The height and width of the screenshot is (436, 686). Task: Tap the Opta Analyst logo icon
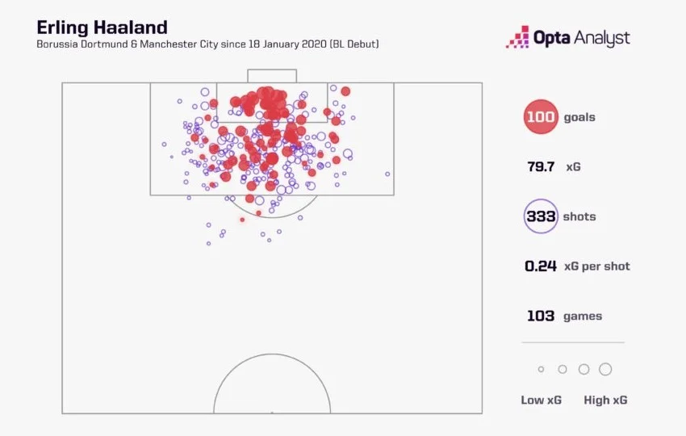(x=517, y=38)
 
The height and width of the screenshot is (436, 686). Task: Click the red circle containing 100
(x=541, y=117)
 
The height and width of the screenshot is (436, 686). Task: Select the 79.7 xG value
(x=540, y=167)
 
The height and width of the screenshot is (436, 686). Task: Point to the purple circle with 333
(x=541, y=216)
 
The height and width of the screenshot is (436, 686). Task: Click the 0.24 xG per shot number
(x=541, y=266)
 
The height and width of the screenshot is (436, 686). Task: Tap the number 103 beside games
(x=541, y=316)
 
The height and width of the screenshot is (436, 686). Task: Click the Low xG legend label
(x=542, y=400)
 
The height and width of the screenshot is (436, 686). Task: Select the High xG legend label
(x=605, y=400)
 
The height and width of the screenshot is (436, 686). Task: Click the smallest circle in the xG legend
(x=542, y=369)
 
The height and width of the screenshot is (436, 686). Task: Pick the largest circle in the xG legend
(x=605, y=369)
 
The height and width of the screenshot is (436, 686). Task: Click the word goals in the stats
(x=579, y=118)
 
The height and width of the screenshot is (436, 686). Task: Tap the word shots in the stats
(x=580, y=216)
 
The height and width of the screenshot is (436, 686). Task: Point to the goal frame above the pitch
(x=272, y=75)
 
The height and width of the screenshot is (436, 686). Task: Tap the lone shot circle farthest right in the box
(x=387, y=174)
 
